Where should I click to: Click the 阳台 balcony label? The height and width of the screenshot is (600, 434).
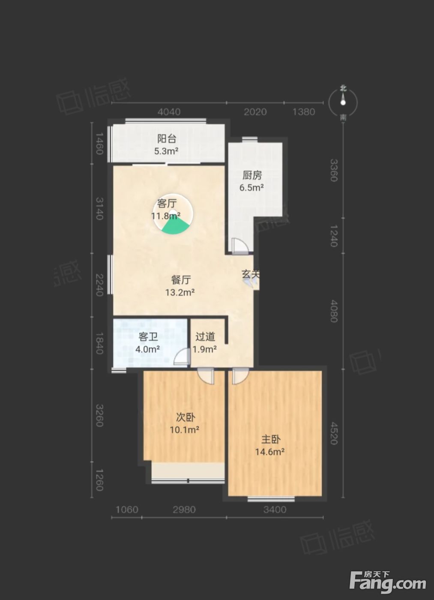click(167, 139)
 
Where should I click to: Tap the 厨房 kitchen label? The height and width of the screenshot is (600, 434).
click(252, 175)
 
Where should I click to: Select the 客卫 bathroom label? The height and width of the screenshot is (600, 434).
click(148, 337)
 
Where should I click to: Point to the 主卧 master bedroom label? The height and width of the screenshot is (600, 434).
click(271, 440)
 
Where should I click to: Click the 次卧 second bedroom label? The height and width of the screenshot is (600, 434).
click(186, 417)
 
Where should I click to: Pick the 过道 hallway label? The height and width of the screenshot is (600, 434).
click(205, 337)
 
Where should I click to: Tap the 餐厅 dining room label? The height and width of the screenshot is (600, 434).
click(181, 280)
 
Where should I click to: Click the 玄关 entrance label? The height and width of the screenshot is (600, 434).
click(251, 274)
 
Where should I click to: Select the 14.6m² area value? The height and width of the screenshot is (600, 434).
click(269, 452)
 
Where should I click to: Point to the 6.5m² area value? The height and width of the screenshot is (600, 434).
click(251, 188)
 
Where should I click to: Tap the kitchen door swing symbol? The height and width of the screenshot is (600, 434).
click(240, 246)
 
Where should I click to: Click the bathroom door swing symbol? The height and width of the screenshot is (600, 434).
click(182, 357)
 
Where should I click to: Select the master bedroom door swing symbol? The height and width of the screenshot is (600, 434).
click(240, 376)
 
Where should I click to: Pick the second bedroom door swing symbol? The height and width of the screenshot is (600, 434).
click(206, 376)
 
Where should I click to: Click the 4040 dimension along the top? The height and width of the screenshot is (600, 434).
click(169, 112)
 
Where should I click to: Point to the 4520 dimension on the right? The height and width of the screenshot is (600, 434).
click(333, 433)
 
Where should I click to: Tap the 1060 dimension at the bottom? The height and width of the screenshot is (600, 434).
click(127, 509)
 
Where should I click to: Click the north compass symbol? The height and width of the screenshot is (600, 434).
click(343, 102)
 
